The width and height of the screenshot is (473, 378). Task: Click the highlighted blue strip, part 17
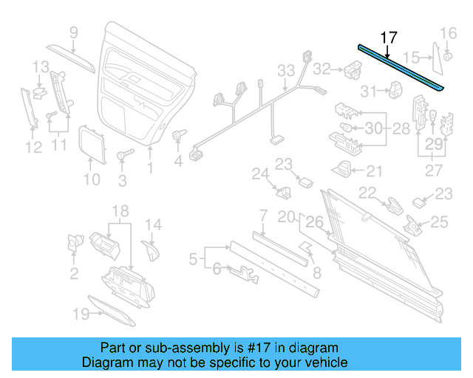(403, 67)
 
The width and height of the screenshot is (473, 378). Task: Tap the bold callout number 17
(388, 38)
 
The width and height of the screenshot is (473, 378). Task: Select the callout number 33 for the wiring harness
(286, 70)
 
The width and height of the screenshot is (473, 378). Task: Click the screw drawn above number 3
(124, 156)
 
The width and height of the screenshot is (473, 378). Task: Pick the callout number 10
(91, 179)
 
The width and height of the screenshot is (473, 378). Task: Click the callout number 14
(152, 224)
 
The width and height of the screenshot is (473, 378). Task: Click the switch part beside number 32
(350, 69)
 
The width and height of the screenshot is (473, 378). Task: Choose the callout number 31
(367, 91)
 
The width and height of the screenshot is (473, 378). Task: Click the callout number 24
(258, 174)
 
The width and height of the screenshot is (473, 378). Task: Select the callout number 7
(262, 216)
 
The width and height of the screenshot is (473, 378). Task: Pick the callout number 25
(439, 221)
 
